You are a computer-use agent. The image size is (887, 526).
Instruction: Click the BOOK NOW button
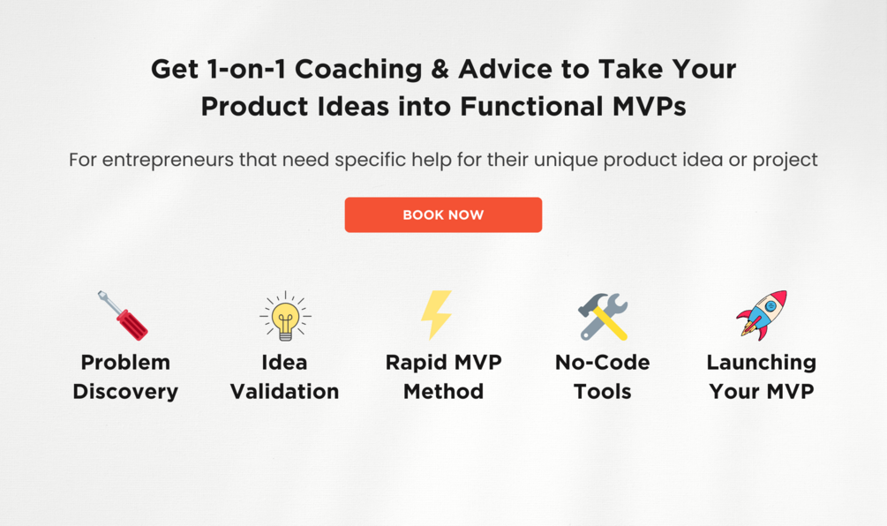443,215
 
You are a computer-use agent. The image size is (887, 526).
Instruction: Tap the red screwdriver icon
123,316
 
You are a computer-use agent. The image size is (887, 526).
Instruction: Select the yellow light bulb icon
285,316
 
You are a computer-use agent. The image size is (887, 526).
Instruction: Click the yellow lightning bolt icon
436,315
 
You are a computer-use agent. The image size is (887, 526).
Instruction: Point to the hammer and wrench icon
603,317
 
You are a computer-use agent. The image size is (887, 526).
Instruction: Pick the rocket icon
762,316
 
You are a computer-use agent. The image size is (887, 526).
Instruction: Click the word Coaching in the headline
358,70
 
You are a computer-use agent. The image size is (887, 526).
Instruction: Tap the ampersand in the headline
440,69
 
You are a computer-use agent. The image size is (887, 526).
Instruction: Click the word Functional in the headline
531,106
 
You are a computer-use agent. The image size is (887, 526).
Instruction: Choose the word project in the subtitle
786,160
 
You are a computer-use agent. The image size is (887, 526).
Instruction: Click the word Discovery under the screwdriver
125,391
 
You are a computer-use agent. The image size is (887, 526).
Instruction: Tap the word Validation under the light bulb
284,391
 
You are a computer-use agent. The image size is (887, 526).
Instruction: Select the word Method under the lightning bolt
443,391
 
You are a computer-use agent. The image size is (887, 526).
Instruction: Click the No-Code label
603,362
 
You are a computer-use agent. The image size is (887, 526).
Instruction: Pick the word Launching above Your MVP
762,363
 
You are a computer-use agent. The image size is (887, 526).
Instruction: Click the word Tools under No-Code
603,391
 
